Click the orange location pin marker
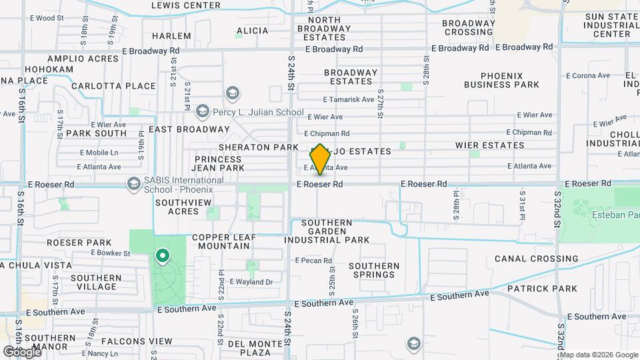click(320, 159)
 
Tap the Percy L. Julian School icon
click(232, 93)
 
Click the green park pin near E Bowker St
click(161, 255)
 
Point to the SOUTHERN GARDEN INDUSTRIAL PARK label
click(327, 231)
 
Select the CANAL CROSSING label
click(536, 259)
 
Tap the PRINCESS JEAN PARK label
click(218, 164)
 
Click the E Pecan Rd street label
click(313, 261)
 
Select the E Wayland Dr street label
click(251, 282)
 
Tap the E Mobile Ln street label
click(98, 152)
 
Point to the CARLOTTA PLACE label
click(113, 86)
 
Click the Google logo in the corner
click(22, 351)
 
